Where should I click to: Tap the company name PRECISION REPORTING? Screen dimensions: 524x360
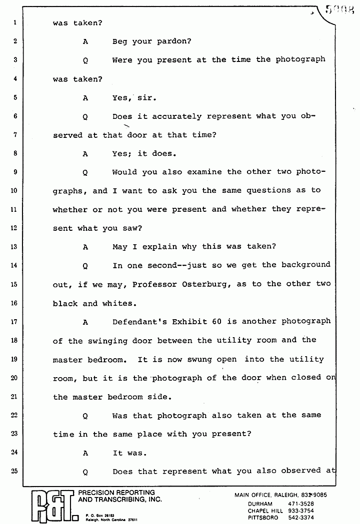(x=117, y=493)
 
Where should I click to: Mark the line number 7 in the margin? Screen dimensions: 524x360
(x=15, y=135)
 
